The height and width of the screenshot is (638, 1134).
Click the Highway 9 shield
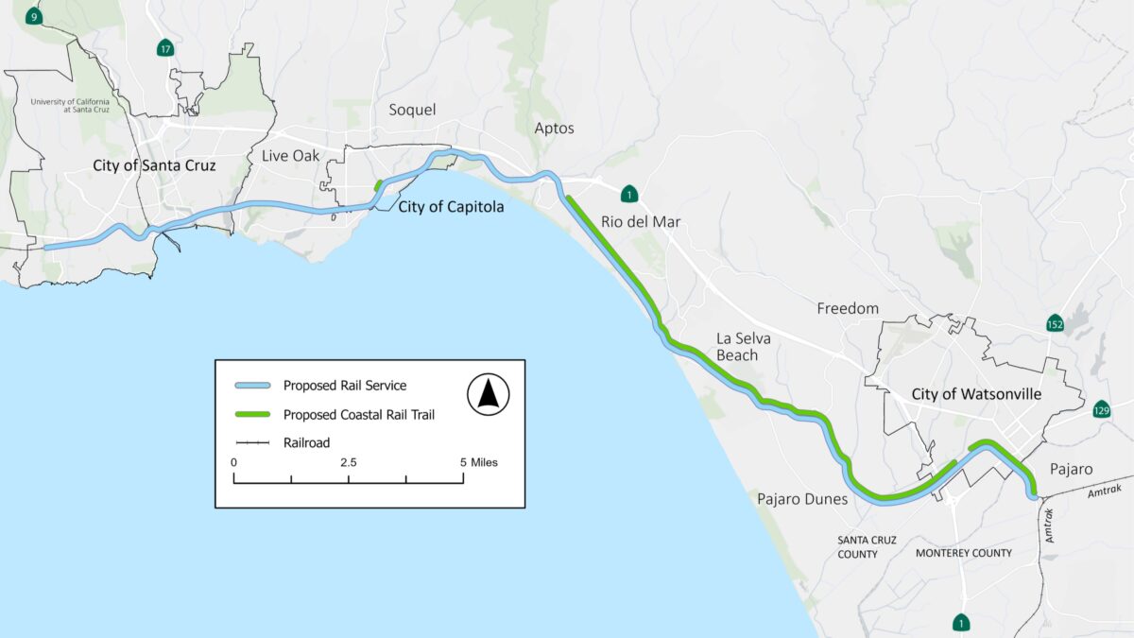click(34, 16)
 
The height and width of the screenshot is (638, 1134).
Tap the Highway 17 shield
click(165, 48)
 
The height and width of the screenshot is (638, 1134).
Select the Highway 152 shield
click(1056, 323)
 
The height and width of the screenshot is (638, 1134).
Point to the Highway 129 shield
click(1101, 409)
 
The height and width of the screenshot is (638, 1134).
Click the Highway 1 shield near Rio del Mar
click(629, 195)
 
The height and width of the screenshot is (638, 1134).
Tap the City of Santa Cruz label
click(154, 165)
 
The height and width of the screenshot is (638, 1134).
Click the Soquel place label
click(413, 110)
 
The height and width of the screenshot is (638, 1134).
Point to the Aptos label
click(554, 128)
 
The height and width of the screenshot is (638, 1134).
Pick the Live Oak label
click(291, 155)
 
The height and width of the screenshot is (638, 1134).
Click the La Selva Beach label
click(737, 346)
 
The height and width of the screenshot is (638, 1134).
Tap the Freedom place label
click(848, 308)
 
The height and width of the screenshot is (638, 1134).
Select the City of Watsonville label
click(976, 394)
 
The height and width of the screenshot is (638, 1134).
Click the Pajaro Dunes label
click(802, 498)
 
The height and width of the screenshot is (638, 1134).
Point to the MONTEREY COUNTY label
click(964, 553)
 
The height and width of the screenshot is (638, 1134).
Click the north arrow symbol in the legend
click(488, 394)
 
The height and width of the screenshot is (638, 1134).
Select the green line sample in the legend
click(252, 414)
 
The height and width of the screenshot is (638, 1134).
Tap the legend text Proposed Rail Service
click(345, 386)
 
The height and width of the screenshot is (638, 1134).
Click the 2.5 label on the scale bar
click(349, 463)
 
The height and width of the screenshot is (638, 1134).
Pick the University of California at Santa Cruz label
click(70, 106)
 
